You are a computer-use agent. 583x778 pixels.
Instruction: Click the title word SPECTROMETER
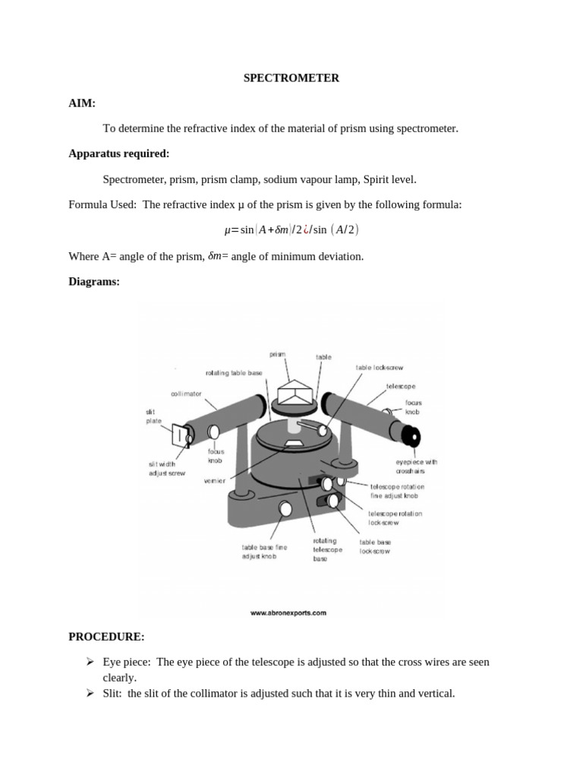pos(291,78)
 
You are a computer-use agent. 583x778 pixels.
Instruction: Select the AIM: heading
pos(82,103)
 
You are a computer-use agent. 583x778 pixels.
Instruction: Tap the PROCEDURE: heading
pos(106,636)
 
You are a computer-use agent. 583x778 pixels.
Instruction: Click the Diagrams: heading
pos(94,281)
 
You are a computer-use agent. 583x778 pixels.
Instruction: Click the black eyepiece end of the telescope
pos(411,436)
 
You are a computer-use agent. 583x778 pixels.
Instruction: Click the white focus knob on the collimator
pos(214,432)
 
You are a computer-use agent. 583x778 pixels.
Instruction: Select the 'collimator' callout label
pos(186,394)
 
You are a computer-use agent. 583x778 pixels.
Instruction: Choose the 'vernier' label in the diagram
pos(215,481)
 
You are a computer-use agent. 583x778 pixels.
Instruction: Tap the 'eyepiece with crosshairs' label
pos(416,466)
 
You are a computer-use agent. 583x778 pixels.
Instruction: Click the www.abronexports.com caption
pos(288,612)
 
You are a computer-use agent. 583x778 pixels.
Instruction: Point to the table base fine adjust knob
pos(286,508)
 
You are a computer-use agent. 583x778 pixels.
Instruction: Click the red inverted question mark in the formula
pos(307,230)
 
